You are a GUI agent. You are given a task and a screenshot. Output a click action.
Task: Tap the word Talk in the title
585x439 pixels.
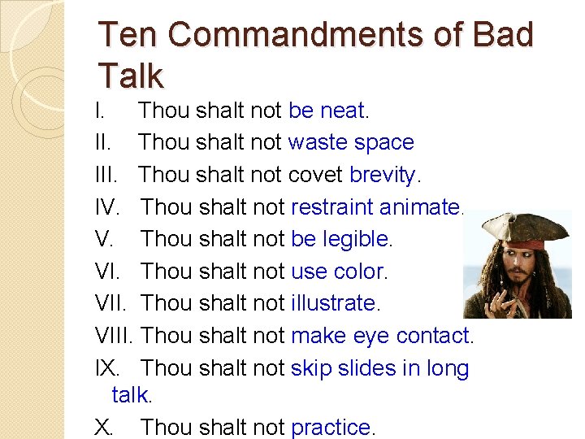pos(130,75)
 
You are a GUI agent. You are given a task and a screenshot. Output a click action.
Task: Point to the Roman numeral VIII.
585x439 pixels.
pos(117,335)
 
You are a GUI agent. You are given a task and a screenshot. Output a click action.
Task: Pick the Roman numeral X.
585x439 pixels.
pos(104,427)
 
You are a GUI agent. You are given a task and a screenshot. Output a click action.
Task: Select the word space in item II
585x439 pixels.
pos(383,143)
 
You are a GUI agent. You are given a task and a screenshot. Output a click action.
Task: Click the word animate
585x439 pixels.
pos(419,207)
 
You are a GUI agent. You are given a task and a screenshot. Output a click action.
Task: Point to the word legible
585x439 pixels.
pos(356,239)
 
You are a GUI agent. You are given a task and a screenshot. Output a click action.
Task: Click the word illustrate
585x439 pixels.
pos(333,303)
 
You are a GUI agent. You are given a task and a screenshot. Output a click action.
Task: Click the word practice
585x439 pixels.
pos(331,427)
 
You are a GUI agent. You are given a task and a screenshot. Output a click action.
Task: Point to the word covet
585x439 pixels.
pos(315,175)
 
